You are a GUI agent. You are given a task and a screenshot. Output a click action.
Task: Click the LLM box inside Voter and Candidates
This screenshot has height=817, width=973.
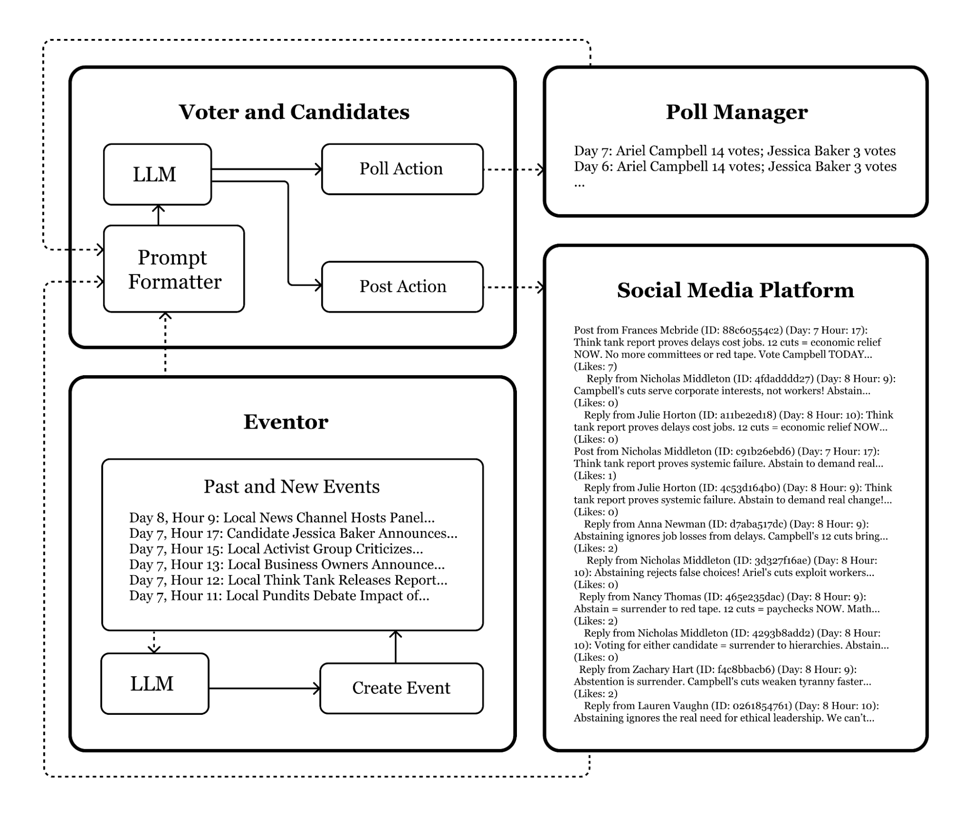coord(157,174)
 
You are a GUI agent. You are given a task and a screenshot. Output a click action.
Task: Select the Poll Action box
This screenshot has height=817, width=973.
coord(402,169)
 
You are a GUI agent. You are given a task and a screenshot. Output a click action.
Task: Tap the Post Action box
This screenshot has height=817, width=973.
coord(402,287)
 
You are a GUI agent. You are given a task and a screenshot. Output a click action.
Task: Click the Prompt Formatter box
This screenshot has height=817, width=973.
coord(174,269)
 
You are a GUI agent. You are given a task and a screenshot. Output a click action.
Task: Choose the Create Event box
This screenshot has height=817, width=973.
coord(401,688)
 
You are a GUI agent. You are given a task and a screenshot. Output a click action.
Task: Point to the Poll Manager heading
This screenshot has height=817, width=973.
coord(736,112)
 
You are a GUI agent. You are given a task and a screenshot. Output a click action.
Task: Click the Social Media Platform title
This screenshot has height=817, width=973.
coord(735,290)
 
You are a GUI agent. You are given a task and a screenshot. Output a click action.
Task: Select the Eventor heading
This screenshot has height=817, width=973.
coord(286,422)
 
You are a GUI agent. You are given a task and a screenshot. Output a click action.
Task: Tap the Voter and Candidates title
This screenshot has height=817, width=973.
coord(294,112)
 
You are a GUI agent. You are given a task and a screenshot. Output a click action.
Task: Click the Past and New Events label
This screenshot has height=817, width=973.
coord(291,487)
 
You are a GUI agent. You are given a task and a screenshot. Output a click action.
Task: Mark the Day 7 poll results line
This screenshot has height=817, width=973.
coord(734,151)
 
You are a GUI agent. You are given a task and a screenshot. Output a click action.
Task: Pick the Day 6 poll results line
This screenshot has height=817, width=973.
coord(734,166)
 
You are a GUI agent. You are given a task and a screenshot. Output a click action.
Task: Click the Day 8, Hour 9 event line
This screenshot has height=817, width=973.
coord(281,518)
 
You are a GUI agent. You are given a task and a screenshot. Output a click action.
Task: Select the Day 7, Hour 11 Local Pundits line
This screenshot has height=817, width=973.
coord(279,596)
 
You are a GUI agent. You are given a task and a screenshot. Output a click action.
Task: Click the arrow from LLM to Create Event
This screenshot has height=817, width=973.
coord(264,689)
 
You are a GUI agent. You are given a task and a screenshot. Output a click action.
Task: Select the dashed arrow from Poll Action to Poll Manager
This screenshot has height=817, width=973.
coord(513,169)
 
